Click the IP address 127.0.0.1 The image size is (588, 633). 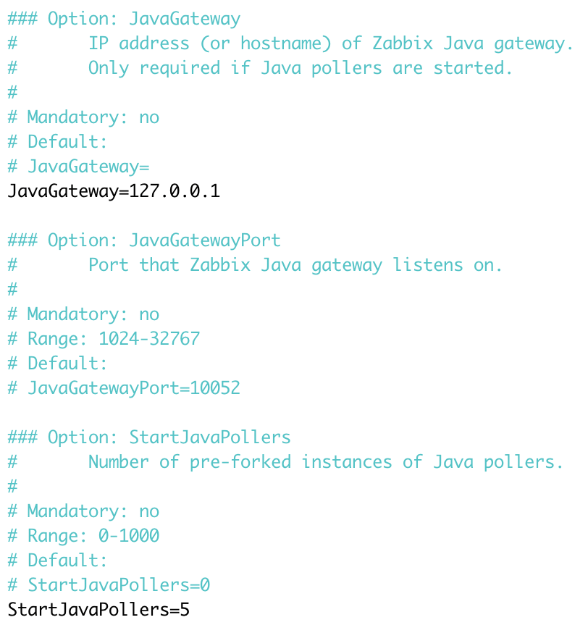coord(175,191)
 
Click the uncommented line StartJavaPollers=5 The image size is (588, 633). coord(98,609)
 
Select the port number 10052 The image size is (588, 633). coord(215,388)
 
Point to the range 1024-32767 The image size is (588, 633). coord(149,339)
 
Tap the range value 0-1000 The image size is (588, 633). coord(129,536)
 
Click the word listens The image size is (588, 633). coord(427,265)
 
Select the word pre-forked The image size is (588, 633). coord(240,462)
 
